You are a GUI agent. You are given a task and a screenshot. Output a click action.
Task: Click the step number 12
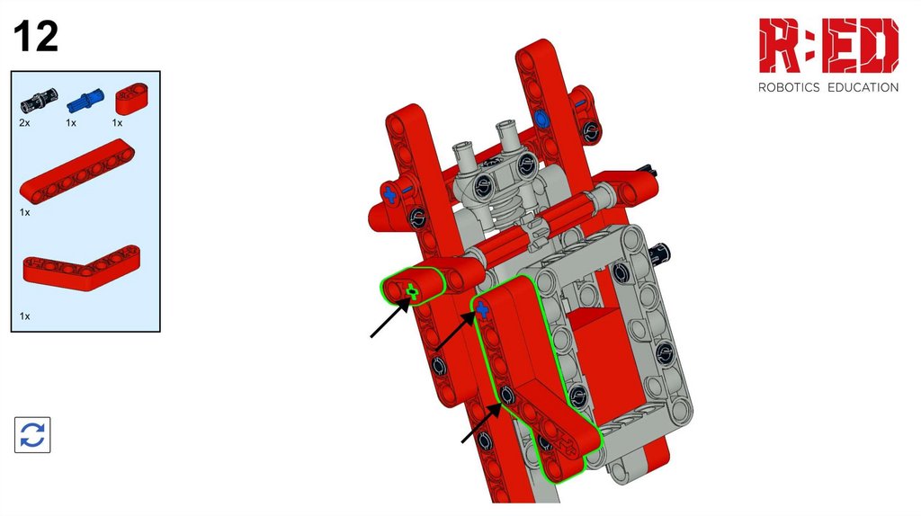pos(36,36)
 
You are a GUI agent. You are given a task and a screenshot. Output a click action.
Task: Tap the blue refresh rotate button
pos(32,435)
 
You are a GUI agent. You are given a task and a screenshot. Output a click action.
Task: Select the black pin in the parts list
pos(40,101)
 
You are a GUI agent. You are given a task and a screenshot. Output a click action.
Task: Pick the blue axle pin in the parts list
pos(85,101)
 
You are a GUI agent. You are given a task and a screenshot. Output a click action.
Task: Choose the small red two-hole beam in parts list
pos(131,99)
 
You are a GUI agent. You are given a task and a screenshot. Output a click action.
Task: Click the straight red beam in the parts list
pos(77,170)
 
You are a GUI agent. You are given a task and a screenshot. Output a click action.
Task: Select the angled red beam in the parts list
pos(82,268)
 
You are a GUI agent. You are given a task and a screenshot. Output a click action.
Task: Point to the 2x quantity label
pos(24,122)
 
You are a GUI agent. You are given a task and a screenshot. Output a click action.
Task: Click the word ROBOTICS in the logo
pos(789,87)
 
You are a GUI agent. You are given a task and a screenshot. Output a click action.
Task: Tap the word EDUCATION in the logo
pos(863,87)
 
